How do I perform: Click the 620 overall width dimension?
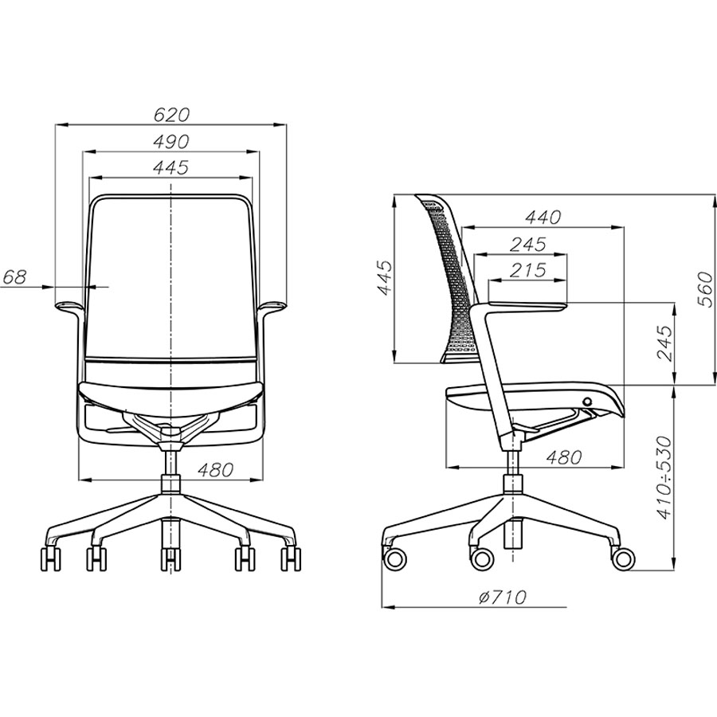click(171, 115)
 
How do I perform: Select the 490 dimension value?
click(171, 142)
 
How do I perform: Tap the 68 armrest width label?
click(15, 277)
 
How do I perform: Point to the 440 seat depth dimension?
click(543, 217)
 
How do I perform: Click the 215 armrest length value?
click(528, 270)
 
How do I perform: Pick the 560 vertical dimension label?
click(706, 289)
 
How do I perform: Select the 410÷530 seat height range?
click(664, 478)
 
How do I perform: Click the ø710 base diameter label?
click(503, 597)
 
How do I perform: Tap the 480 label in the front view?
click(215, 469)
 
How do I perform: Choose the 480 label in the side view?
click(564, 456)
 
